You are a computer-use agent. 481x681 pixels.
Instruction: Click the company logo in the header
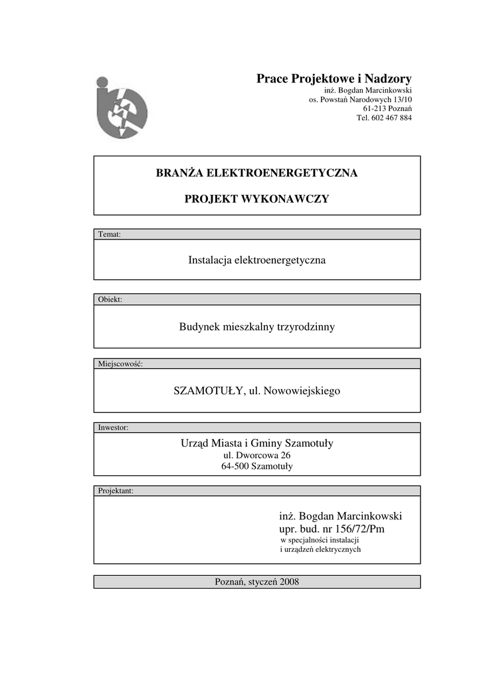tap(121, 108)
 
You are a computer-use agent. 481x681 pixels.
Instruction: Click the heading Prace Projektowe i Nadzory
tap(334, 79)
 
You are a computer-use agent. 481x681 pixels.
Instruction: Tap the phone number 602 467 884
tap(393, 118)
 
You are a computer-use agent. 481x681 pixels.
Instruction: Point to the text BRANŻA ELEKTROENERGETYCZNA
tap(256, 174)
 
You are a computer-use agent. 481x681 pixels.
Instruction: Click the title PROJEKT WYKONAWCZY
tap(256, 200)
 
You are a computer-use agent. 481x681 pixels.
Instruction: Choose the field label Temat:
tap(109, 234)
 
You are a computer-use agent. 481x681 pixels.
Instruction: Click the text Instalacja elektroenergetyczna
tap(256, 260)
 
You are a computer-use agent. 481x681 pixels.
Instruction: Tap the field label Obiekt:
tap(110, 299)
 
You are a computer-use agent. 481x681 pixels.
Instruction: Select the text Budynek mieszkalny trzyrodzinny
tap(256, 327)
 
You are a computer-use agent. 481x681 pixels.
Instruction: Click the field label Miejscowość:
tap(120, 364)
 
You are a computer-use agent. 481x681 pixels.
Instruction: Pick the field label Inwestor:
tap(113, 428)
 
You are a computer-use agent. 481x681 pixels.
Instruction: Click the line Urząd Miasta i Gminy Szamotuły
tap(256, 443)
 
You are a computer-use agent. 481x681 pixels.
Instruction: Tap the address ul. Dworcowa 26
tap(256, 455)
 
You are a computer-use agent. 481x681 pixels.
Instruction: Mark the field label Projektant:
tap(116, 491)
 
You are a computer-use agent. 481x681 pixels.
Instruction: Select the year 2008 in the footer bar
tap(289, 582)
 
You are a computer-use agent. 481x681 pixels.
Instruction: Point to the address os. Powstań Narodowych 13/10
tap(360, 99)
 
